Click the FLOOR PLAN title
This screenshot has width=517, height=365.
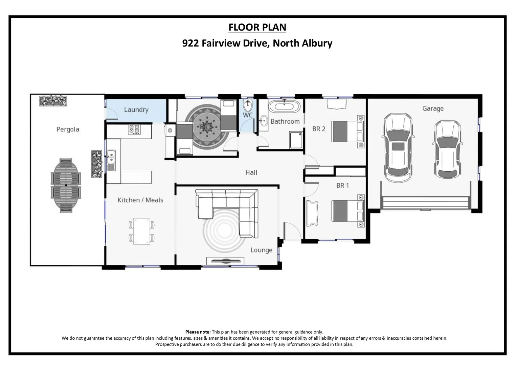coord(257,27)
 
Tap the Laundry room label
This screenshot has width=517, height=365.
coord(136,109)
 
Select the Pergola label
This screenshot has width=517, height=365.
coord(68,129)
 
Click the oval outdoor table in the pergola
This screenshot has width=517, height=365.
coord(66,185)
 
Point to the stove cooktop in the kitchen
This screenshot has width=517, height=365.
coord(134,129)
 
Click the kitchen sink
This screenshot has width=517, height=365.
coord(111,161)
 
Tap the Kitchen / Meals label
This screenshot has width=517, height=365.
coord(140,200)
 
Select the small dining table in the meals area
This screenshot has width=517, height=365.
coord(141,231)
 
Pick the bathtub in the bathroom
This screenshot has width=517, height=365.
coord(284,106)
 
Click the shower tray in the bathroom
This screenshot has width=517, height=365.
coord(296,140)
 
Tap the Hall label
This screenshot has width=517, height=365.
coord(251,172)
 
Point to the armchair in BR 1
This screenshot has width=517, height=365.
coord(312,214)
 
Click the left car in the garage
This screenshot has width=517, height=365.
coord(398,147)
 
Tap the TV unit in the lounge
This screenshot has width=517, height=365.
coord(225,261)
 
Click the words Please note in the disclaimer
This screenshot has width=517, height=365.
coord(198,332)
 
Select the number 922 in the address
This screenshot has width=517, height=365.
coord(190,43)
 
